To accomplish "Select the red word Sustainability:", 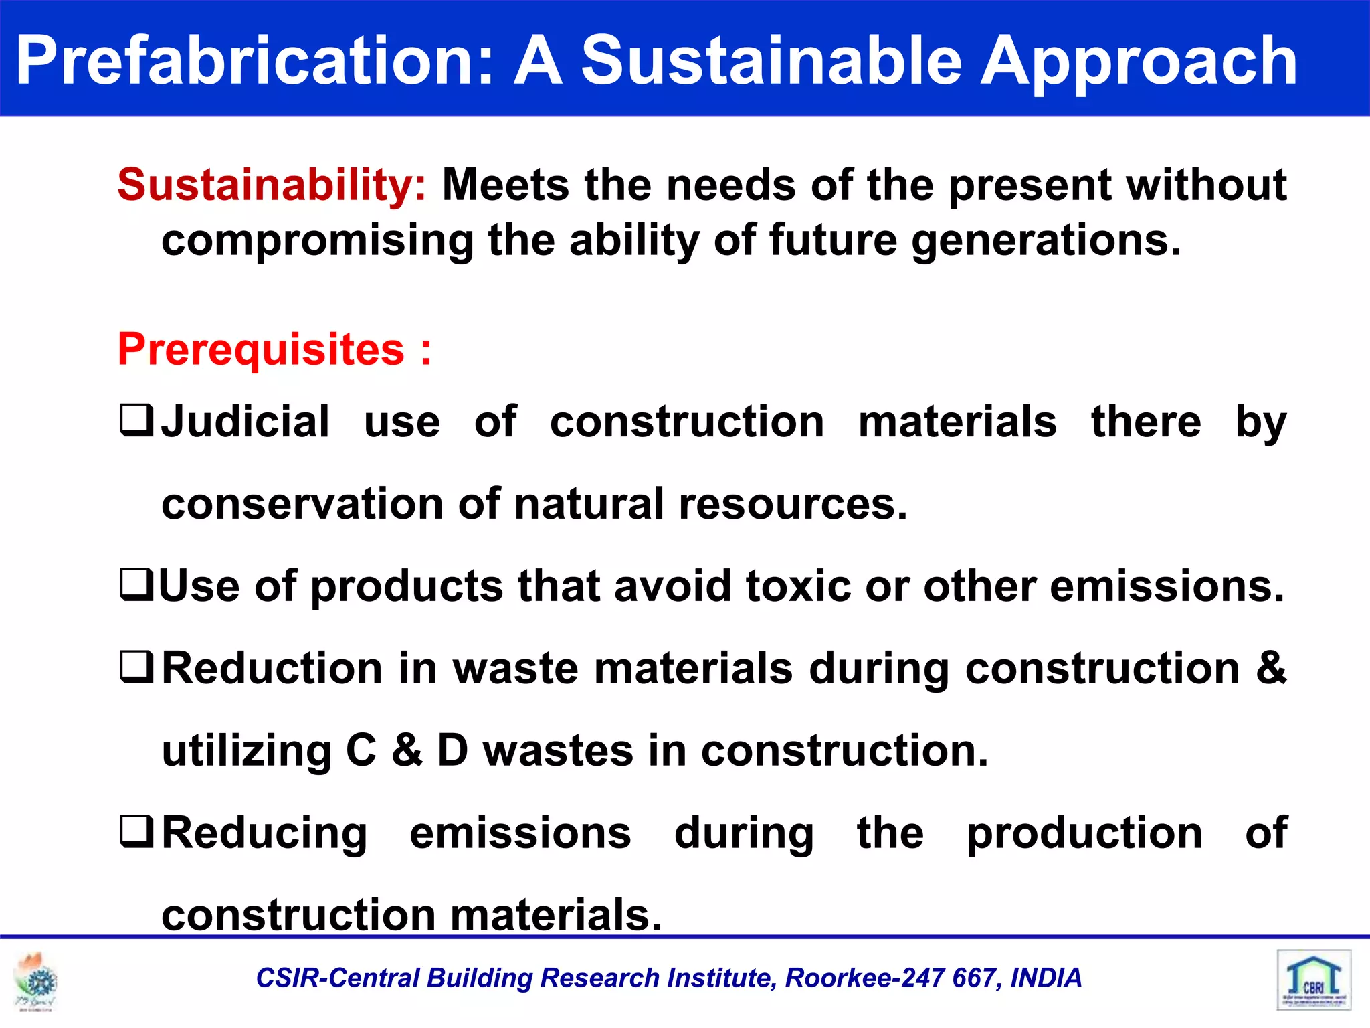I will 272,185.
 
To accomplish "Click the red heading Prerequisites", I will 261,350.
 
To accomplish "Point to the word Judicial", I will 246,422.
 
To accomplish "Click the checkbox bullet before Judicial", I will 136,420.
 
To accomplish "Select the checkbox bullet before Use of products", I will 136,584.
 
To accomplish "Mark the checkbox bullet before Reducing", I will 136,831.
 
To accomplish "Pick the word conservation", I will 302,504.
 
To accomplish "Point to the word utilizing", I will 246,751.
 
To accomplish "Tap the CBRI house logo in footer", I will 1313,980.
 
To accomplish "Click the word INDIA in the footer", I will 1046,978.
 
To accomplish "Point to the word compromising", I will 317,241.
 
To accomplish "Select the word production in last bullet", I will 1084,833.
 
